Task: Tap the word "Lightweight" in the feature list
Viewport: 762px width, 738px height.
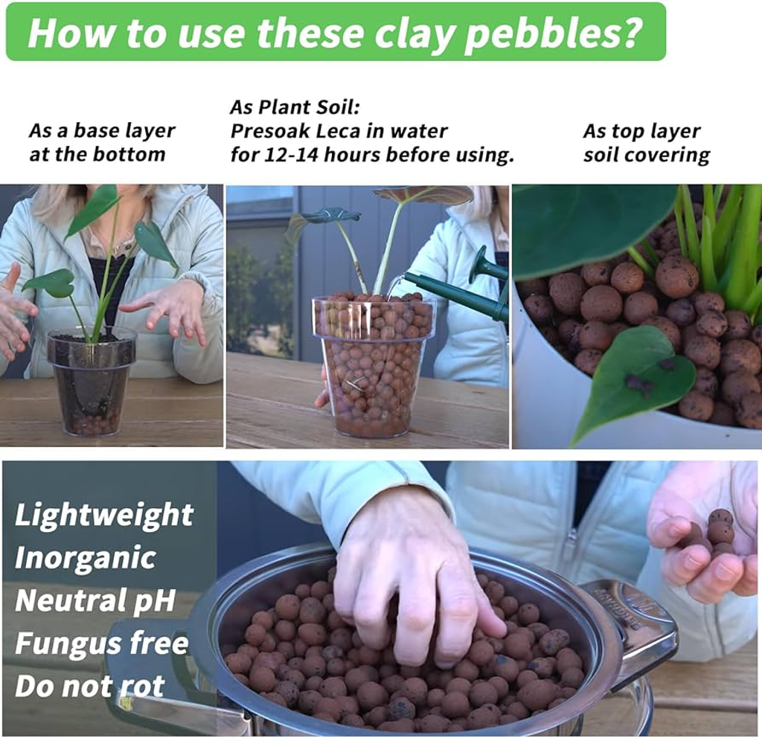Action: [104, 515]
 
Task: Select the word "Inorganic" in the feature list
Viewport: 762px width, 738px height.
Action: [85, 558]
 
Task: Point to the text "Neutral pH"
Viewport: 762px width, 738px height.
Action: [95, 600]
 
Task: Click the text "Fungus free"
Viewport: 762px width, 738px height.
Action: [101, 644]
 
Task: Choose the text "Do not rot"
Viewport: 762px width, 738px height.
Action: [90, 686]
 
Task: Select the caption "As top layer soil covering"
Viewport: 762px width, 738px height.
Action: [647, 144]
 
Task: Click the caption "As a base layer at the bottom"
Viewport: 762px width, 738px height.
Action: [101, 142]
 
